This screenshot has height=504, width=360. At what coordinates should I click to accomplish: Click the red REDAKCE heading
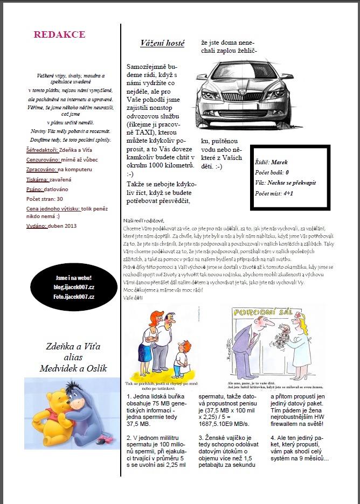tap(59, 34)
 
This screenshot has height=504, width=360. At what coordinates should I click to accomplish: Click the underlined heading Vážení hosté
tap(162, 43)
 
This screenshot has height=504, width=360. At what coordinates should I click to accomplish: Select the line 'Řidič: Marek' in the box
tap(272, 162)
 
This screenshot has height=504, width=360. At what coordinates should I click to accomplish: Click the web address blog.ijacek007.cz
tap(73, 288)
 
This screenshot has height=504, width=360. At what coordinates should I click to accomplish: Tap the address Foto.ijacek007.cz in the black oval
tap(73, 297)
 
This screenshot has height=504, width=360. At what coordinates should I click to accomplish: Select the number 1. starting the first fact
tap(128, 396)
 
